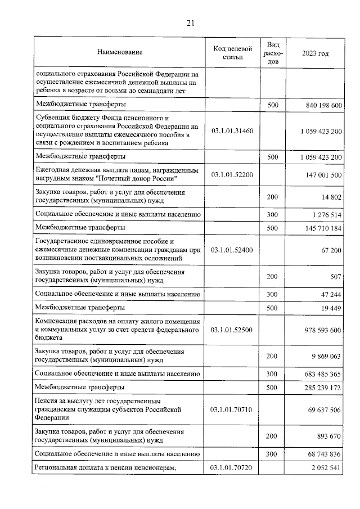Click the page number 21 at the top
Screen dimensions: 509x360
[190, 23]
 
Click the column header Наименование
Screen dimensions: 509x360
[120, 52]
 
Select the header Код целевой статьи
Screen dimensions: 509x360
[232, 52]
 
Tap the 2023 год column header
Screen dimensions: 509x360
[315, 52]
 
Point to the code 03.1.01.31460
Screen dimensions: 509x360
[232, 130]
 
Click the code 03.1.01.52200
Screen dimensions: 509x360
[232, 174]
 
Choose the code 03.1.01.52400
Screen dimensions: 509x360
[232, 249]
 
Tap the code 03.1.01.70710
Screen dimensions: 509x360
[232, 409]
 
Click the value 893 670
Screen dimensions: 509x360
[327, 436]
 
